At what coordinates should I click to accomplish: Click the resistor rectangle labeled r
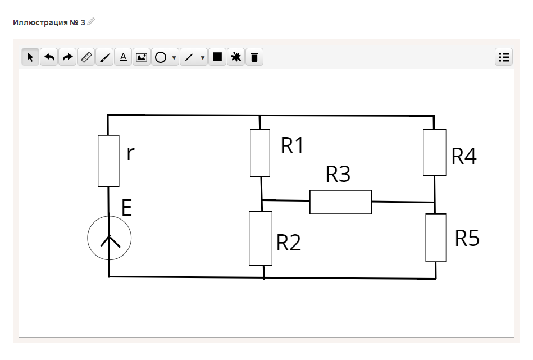click(x=108, y=161)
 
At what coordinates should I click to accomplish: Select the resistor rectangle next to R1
click(x=260, y=153)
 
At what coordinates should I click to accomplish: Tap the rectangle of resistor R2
click(x=261, y=238)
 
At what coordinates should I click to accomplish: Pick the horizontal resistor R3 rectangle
click(x=340, y=202)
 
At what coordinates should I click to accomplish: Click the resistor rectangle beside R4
click(x=434, y=152)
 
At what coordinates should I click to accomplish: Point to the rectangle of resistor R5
click(x=436, y=238)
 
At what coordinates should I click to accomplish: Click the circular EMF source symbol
click(x=110, y=238)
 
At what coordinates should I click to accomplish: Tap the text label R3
click(x=338, y=175)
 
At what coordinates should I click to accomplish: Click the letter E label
click(x=126, y=209)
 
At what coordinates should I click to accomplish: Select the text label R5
click(x=467, y=238)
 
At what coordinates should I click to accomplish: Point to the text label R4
click(x=464, y=157)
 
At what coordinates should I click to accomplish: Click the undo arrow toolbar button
click(x=49, y=57)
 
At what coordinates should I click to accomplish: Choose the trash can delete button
click(x=254, y=57)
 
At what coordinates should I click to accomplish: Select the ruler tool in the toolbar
click(x=86, y=57)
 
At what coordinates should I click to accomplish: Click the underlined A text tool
click(x=123, y=57)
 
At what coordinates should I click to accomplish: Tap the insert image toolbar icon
click(x=142, y=57)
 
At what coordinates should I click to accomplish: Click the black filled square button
click(x=217, y=57)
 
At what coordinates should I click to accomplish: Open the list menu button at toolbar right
click(x=504, y=57)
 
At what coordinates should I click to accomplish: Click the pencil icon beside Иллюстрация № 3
click(x=91, y=21)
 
